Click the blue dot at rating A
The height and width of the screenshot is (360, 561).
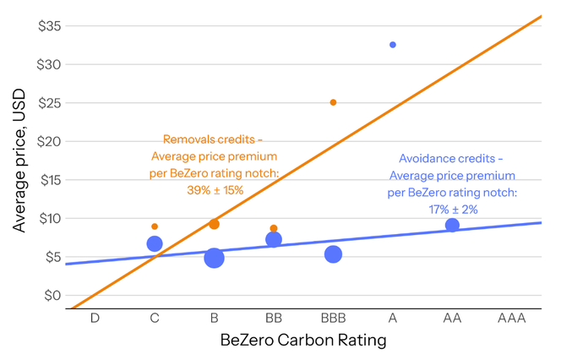[x=393, y=45]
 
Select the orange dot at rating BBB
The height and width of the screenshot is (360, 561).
[x=333, y=102]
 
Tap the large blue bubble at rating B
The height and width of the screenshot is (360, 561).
[x=214, y=258]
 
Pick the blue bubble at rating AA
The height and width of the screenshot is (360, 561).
[x=452, y=225]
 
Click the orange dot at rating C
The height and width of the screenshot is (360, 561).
[x=155, y=226]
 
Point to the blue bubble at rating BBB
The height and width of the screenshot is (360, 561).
[x=333, y=254]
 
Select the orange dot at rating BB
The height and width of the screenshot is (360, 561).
[x=274, y=228]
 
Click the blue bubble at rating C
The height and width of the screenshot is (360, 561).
[x=155, y=244]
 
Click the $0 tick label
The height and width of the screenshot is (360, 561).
[x=50, y=295]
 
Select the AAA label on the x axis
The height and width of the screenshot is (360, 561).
[x=511, y=319]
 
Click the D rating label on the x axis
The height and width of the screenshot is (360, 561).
[x=95, y=319]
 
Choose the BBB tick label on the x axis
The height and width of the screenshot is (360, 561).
[x=333, y=319]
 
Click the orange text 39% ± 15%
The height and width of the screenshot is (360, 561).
[x=215, y=190]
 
